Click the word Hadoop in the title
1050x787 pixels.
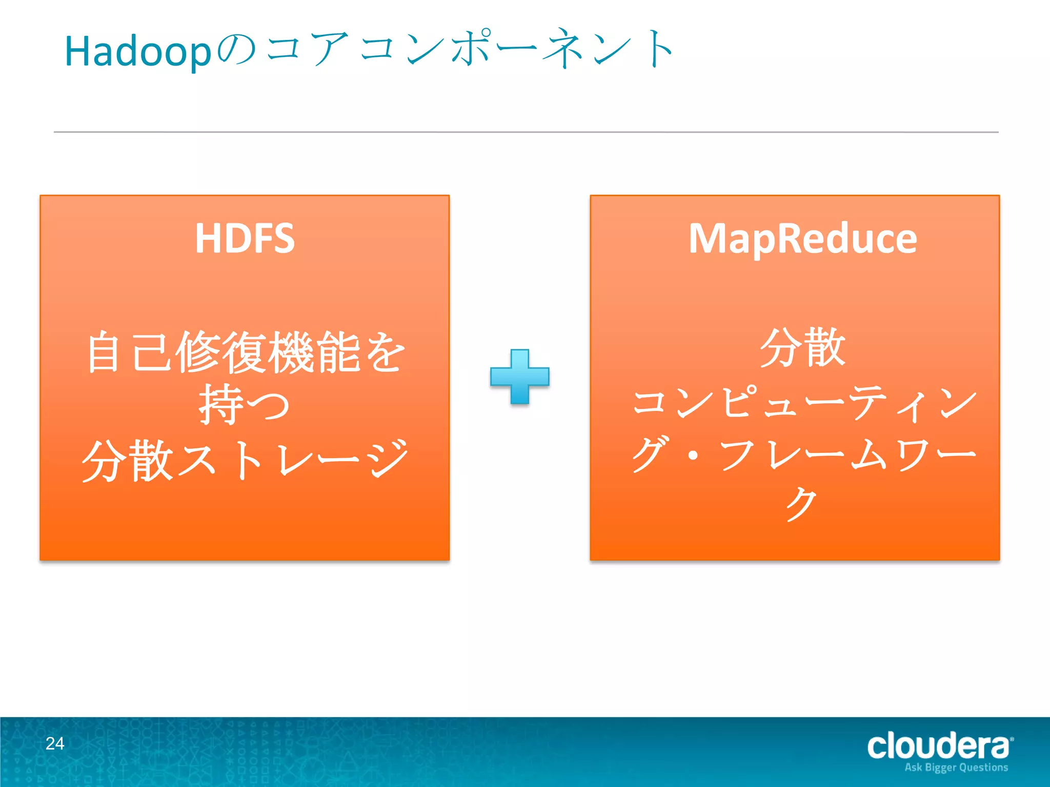tap(137, 52)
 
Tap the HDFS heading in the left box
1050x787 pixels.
tap(245, 238)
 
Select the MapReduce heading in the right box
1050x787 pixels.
tap(802, 238)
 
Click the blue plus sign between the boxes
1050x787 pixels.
tap(519, 377)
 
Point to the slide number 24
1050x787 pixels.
tap(55, 743)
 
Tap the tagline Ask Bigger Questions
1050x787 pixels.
tap(956, 768)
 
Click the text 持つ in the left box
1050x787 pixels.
tap(245, 405)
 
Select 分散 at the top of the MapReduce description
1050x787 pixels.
tap(802, 348)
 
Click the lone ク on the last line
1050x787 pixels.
tap(801, 504)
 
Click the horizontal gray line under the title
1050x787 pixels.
tap(526, 132)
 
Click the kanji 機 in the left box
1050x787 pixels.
tap(293, 353)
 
